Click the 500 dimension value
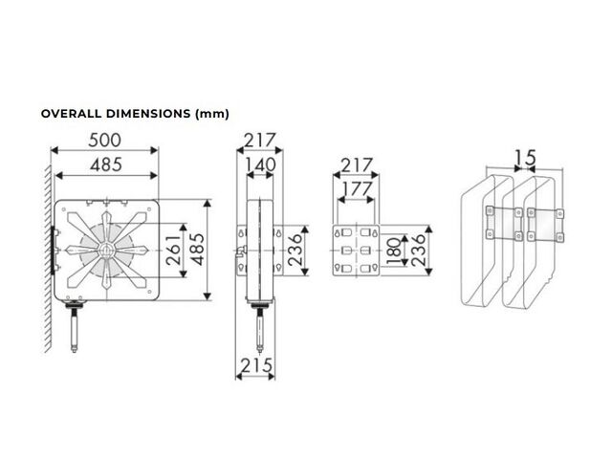tap(104, 141)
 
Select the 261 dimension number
tap(173, 251)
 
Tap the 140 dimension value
tap(260, 164)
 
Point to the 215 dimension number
tap(256, 366)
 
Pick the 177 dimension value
tap(357, 189)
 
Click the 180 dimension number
tap(395, 251)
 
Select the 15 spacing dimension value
tap(525, 158)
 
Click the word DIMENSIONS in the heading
tap(148, 114)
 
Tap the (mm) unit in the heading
tap(212, 114)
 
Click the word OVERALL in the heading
tap(72, 114)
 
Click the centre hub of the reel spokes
tap(106, 251)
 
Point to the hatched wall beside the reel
tap(48, 257)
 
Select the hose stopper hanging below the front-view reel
tap(74, 327)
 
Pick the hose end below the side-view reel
tap(259, 328)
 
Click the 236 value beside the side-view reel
tap(295, 251)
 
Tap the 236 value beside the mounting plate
tap(419, 251)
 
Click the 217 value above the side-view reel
tap(260, 141)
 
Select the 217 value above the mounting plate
tap(357, 165)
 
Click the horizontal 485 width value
tap(106, 165)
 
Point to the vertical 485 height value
tap(197, 250)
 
